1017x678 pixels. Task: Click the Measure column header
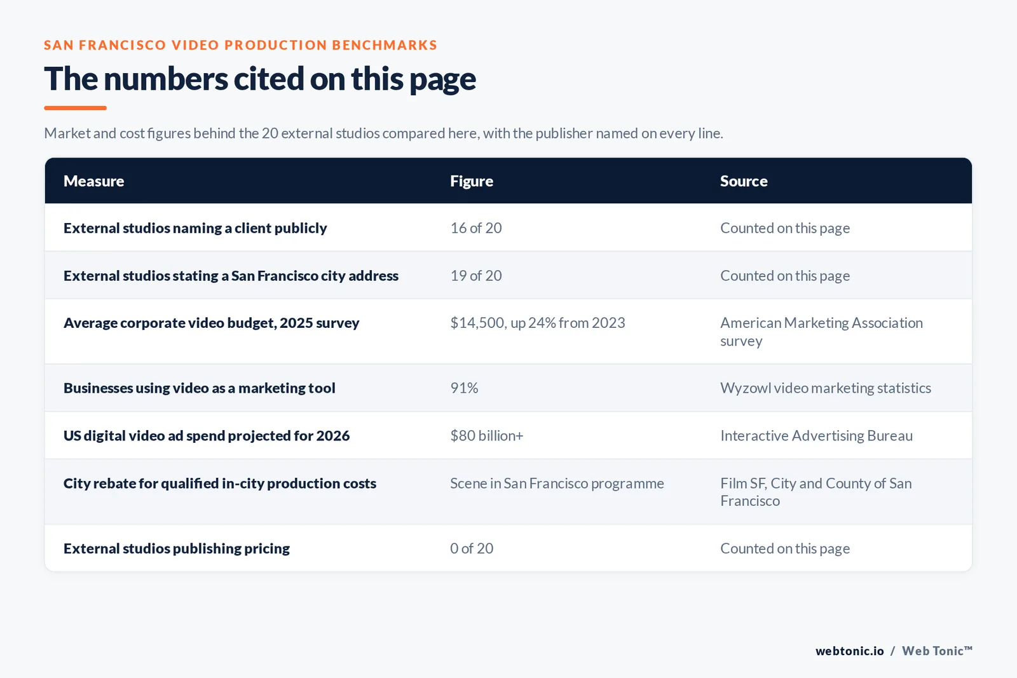(x=93, y=180)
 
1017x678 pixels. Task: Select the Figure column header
(x=471, y=181)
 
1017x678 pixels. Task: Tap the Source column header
(x=744, y=180)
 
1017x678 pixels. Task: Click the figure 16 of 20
(x=476, y=228)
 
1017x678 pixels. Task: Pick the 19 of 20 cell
(x=476, y=276)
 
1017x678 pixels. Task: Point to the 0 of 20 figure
(x=471, y=548)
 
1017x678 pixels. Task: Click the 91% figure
(x=464, y=388)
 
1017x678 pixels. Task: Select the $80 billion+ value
(x=487, y=436)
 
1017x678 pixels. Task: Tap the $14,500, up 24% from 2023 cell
(x=538, y=323)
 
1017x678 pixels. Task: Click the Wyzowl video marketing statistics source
(x=826, y=388)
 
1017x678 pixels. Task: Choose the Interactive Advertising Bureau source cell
(x=816, y=436)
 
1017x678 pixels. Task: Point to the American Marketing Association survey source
(x=821, y=332)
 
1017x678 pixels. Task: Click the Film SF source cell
(x=816, y=492)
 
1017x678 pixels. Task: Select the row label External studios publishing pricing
(x=177, y=548)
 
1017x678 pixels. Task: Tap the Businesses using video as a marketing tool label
(x=200, y=388)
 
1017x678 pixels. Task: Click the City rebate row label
(x=220, y=484)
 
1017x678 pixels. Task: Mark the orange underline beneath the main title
(x=76, y=108)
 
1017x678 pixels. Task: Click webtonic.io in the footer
(x=849, y=651)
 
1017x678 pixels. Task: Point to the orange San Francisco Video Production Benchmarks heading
(x=241, y=45)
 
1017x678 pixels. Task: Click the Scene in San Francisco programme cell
(x=557, y=484)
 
